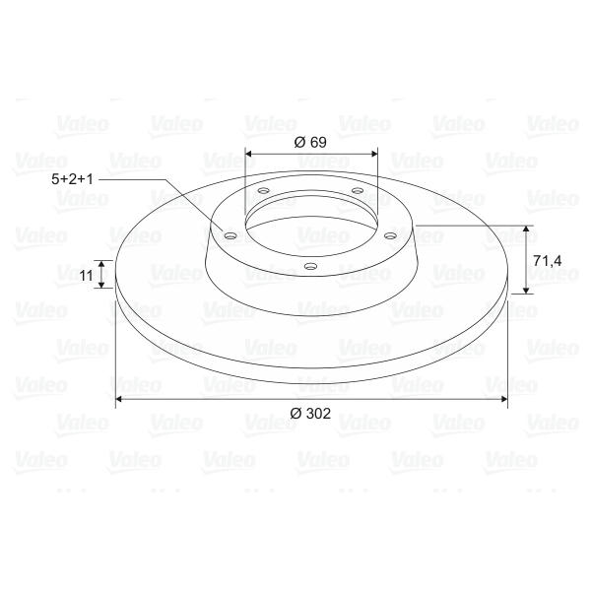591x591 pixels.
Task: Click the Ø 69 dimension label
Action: point(310,142)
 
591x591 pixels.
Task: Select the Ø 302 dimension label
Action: point(310,414)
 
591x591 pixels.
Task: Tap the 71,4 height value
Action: point(548,260)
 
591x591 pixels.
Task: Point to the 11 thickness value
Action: point(87,276)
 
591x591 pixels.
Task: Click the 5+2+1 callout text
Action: point(72,179)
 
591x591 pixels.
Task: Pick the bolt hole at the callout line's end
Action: point(230,236)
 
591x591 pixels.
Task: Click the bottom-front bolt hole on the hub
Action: point(310,267)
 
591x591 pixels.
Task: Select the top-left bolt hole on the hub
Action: point(264,191)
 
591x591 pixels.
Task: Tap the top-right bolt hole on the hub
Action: point(358,191)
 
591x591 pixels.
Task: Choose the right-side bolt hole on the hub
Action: point(390,236)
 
